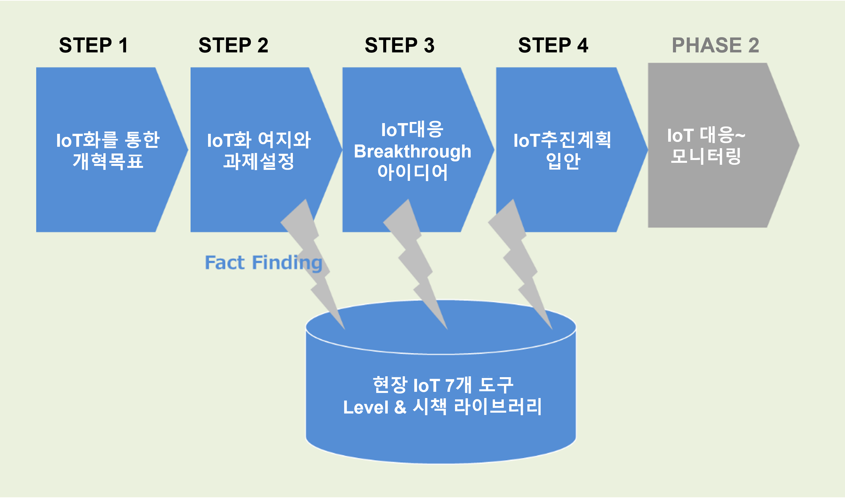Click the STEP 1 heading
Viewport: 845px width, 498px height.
(93, 45)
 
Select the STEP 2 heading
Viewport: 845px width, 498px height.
(233, 45)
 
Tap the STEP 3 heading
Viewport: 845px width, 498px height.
(400, 45)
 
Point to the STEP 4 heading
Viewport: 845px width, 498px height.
(553, 45)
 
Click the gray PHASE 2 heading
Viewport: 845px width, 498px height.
(715, 45)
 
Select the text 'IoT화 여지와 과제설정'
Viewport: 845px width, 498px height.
(259, 150)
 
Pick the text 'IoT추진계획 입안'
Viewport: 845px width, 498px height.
(562, 150)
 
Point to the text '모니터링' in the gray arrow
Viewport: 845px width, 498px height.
(706, 156)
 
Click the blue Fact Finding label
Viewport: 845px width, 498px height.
(263, 263)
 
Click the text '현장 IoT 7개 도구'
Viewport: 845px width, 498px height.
(443, 385)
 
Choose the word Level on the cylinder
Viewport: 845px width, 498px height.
(366, 407)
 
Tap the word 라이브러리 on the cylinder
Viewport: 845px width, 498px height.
(498, 407)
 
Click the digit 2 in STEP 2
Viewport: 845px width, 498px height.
(263, 45)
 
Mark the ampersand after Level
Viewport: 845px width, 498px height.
(400, 407)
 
